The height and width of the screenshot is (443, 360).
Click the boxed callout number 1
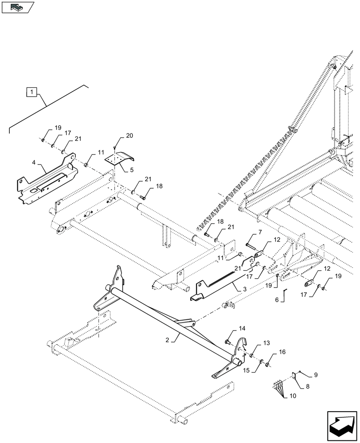coord(31,92)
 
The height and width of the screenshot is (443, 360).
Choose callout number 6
coord(277,300)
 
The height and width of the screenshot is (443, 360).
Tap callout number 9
coord(316,375)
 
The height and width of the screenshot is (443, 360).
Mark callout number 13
coord(266,343)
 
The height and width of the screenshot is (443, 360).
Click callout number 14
coord(242,329)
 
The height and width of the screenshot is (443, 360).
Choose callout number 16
coord(282,353)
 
